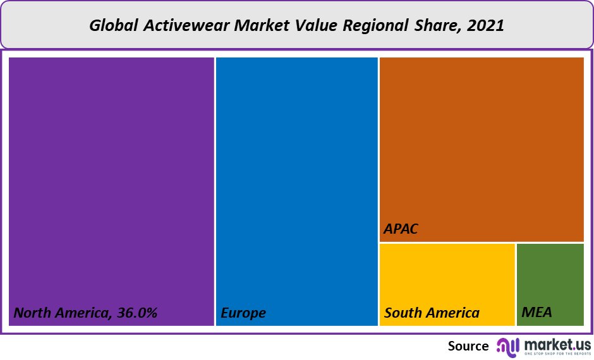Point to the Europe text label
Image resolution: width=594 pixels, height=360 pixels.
click(243, 313)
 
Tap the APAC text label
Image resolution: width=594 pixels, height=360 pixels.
click(401, 229)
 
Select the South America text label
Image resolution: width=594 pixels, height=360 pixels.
click(432, 313)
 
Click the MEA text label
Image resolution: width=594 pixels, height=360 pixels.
click(537, 313)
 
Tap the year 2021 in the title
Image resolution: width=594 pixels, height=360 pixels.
click(487, 26)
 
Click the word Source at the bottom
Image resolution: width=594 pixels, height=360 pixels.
click(468, 346)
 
